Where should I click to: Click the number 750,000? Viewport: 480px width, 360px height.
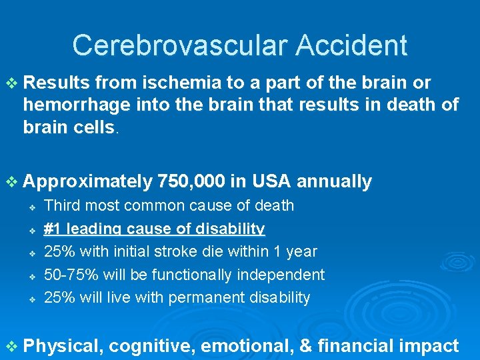[191, 181]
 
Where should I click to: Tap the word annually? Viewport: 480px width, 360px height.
[335, 181]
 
